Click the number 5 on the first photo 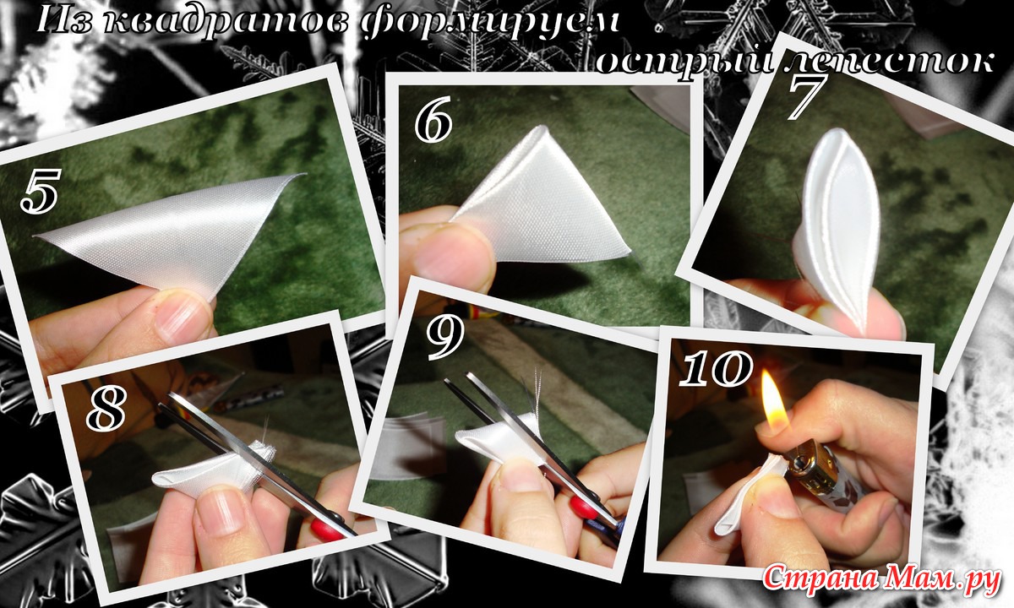click(x=40, y=191)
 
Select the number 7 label click(x=804, y=97)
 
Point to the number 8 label click(x=106, y=409)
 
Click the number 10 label click(x=715, y=370)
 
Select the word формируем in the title click(x=490, y=23)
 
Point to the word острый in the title click(x=683, y=63)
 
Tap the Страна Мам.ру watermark click(x=880, y=580)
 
